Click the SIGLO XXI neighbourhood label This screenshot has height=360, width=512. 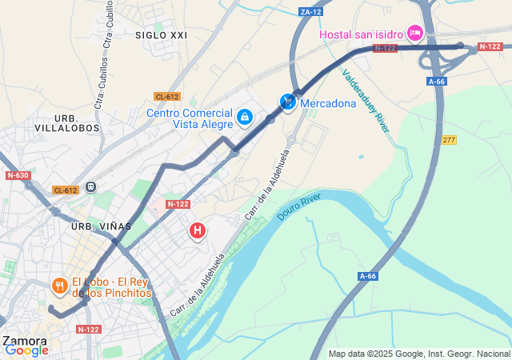[x=161, y=35]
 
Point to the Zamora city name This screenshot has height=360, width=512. [x=24, y=340]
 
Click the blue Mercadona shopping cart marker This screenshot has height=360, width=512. [x=288, y=102]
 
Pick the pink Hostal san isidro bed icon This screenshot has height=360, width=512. [x=414, y=33]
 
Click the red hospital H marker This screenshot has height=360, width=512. [x=197, y=230]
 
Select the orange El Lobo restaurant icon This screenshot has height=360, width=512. [x=59, y=286]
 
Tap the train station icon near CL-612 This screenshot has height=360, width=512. [x=91, y=186]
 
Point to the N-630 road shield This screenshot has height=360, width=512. [x=18, y=175]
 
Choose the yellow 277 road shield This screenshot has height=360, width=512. [x=449, y=140]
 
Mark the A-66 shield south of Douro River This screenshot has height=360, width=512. [x=367, y=276]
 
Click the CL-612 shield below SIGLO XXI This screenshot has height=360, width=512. [x=167, y=97]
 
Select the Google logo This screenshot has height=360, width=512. [x=26, y=350]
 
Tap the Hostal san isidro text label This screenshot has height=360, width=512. [x=362, y=34]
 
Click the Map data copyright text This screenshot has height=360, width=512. [x=419, y=354]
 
